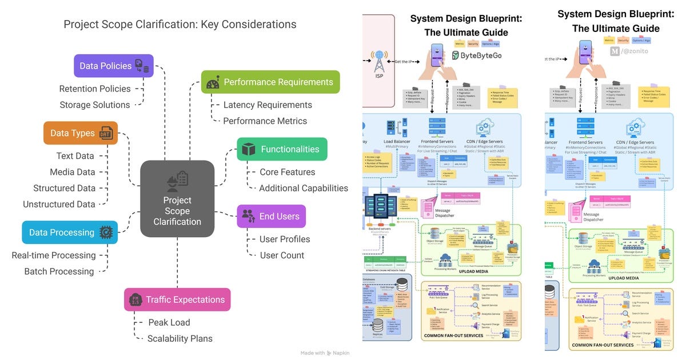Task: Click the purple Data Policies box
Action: point(113,66)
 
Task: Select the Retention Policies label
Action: point(95,89)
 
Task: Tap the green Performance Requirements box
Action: point(270,82)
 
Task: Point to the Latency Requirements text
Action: point(268,105)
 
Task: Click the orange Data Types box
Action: point(80,133)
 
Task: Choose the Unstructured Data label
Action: point(59,204)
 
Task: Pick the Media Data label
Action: point(72,172)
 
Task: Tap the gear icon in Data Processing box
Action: point(106,233)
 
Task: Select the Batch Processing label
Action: point(59,271)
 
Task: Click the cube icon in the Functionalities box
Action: point(248,149)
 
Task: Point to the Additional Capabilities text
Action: point(304,188)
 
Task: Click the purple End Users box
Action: point(271,217)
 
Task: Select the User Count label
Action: point(282,255)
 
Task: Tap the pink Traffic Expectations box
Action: point(177,299)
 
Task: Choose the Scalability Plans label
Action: point(180,338)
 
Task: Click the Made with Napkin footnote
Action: point(325,353)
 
